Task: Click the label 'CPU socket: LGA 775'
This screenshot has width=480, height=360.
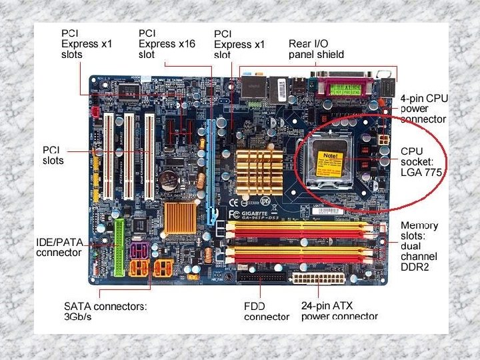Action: pos(421,161)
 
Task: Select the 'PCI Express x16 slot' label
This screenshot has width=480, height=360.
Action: pos(167,43)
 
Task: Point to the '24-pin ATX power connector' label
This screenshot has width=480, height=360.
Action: pos(339,311)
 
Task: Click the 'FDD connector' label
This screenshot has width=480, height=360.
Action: pos(266,311)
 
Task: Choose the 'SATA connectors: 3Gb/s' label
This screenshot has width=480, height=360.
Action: pos(105,311)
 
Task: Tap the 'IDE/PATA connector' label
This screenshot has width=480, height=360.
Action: pos(59,248)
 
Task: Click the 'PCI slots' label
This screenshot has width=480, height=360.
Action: pos(53,155)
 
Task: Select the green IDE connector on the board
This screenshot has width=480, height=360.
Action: pos(119,247)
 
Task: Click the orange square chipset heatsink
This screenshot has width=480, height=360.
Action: pos(180,217)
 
